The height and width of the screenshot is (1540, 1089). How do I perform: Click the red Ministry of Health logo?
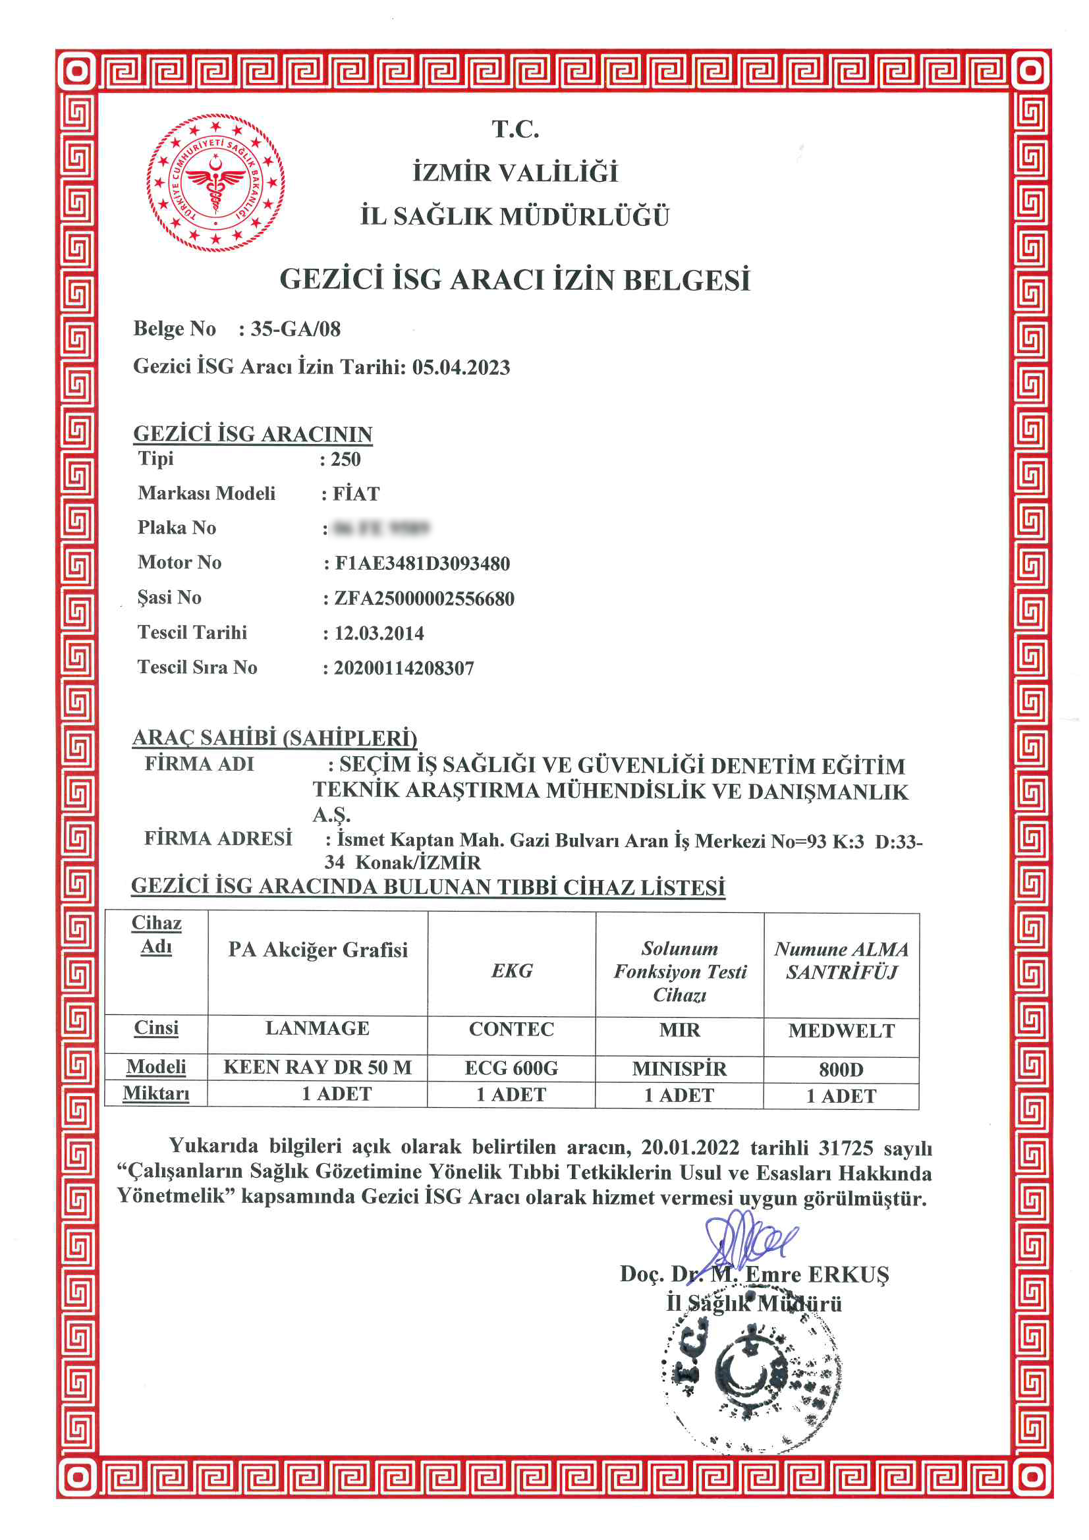pyautogui.click(x=215, y=182)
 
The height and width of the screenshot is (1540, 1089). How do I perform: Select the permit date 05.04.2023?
pyautogui.click(x=461, y=367)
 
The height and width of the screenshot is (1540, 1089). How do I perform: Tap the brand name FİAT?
pyautogui.click(x=356, y=493)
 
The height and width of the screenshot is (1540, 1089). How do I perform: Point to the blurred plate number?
pyautogui.click(x=380, y=528)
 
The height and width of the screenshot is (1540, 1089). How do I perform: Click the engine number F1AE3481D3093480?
pyautogui.click(x=422, y=563)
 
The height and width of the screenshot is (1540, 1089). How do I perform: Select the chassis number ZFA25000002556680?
pyautogui.click(x=424, y=598)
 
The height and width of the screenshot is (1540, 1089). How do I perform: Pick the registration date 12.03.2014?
pyautogui.click(x=379, y=633)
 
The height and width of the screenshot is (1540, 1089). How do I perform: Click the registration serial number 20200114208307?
pyautogui.click(x=404, y=668)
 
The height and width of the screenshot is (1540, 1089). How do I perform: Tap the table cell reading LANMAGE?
pyautogui.click(x=318, y=1028)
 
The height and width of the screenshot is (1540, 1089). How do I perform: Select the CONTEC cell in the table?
pyautogui.click(x=511, y=1029)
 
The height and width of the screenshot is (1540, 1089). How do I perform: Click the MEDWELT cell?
pyautogui.click(x=841, y=1030)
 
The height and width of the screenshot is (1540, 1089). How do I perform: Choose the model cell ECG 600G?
pyautogui.click(x=511, y=1068)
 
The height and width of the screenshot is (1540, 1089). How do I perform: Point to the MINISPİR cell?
pyautogui.click(x=679, y=1068)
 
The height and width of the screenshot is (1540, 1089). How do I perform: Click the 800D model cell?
pyautogui.click(x=841, y=1069)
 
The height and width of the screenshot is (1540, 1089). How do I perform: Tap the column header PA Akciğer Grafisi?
pyautogui.click(x=318, y=950)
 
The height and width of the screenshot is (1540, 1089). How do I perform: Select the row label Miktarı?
pyautogui.click(x=156, y=1093)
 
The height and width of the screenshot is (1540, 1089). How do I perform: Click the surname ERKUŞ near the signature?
pyautogui.click(x=848, y=1275)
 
